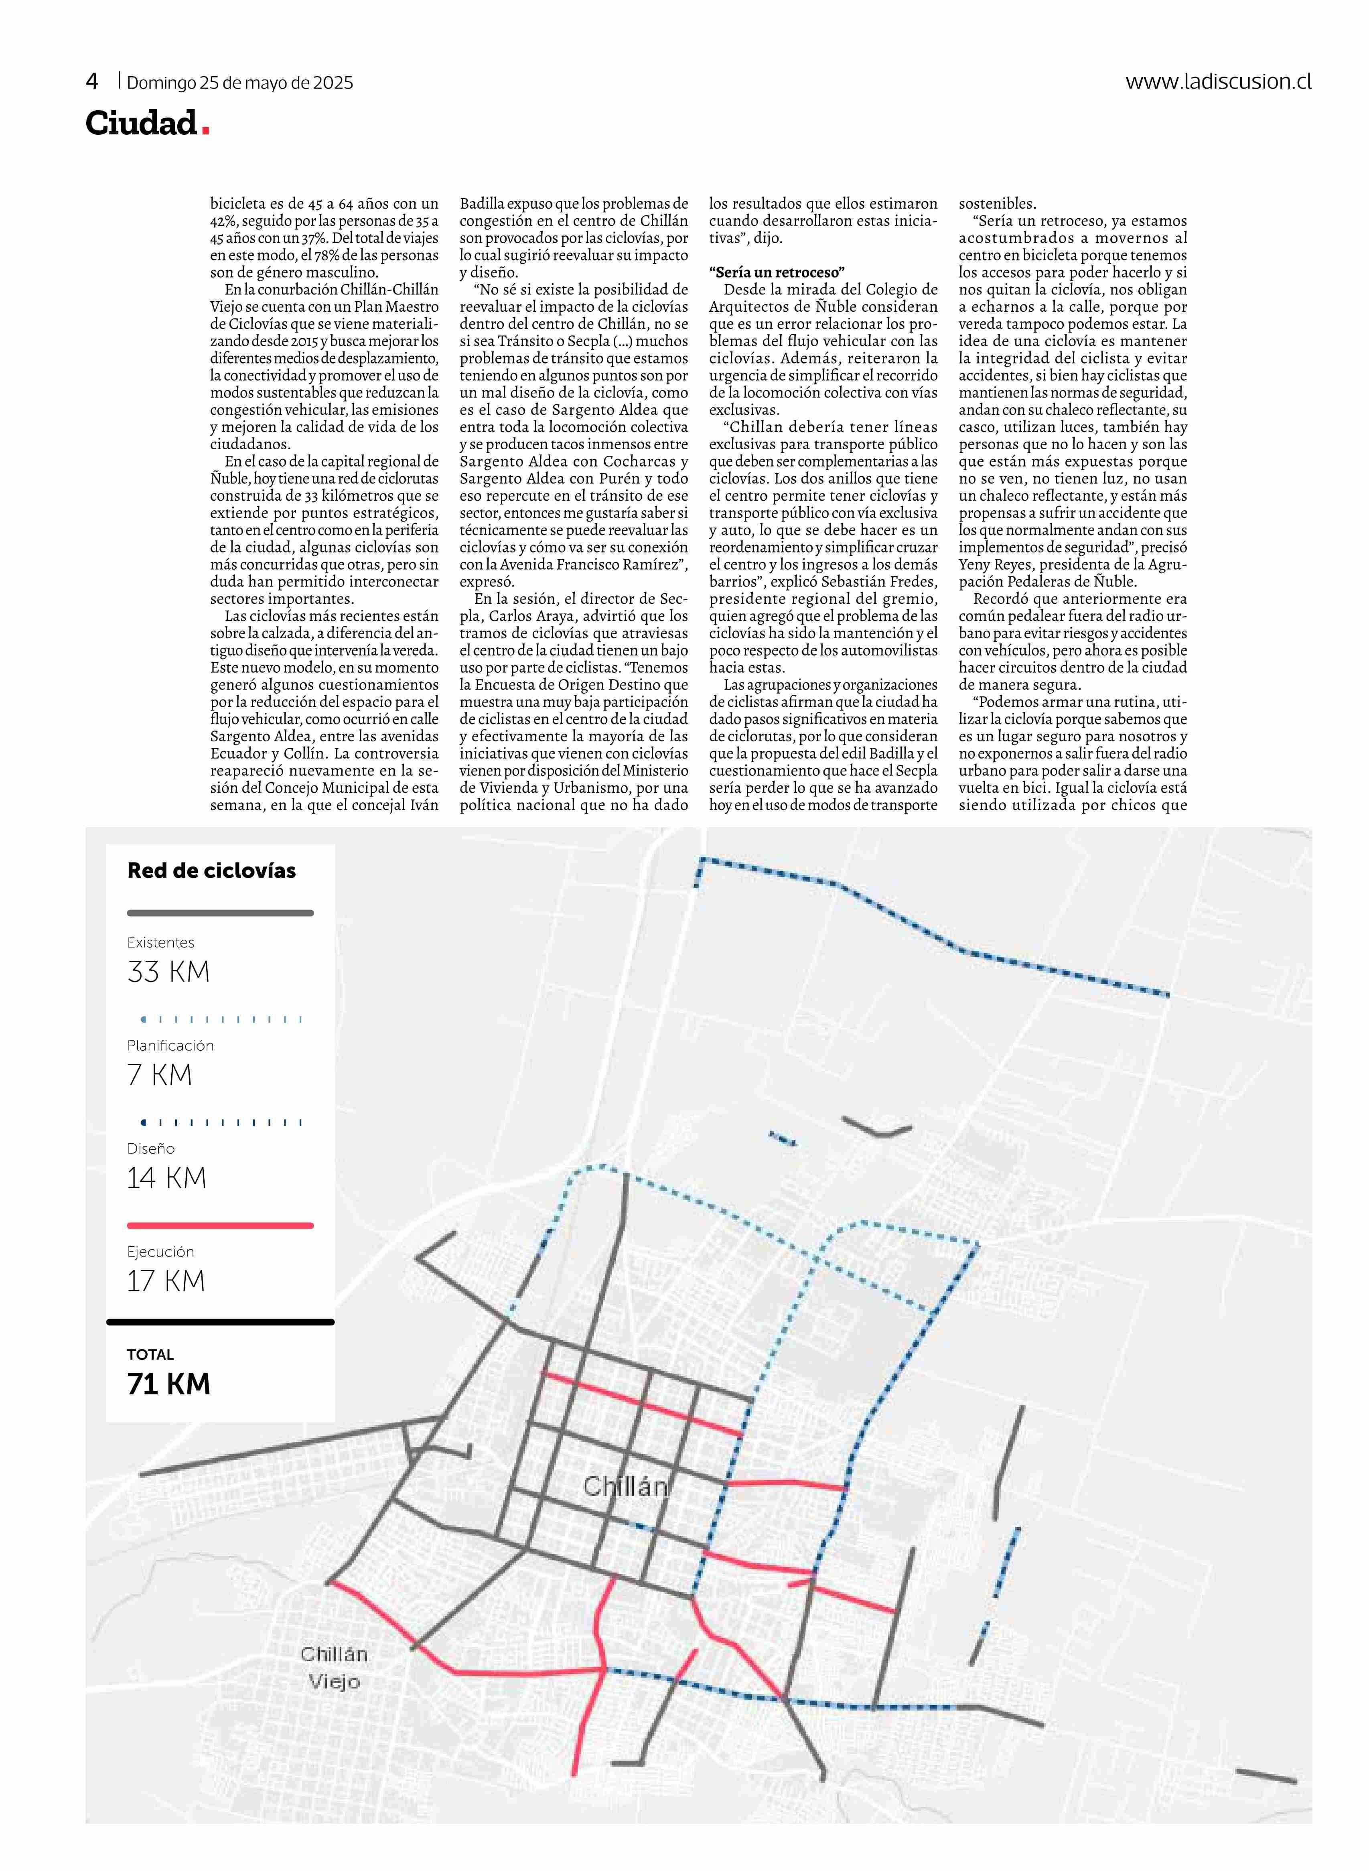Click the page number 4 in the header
[x=92, y=81]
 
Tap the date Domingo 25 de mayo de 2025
[x=239, y=83]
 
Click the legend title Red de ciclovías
[x=211, y=871]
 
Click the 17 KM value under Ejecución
[x=166, y=1281]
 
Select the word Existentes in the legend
[x=161, y=943]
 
